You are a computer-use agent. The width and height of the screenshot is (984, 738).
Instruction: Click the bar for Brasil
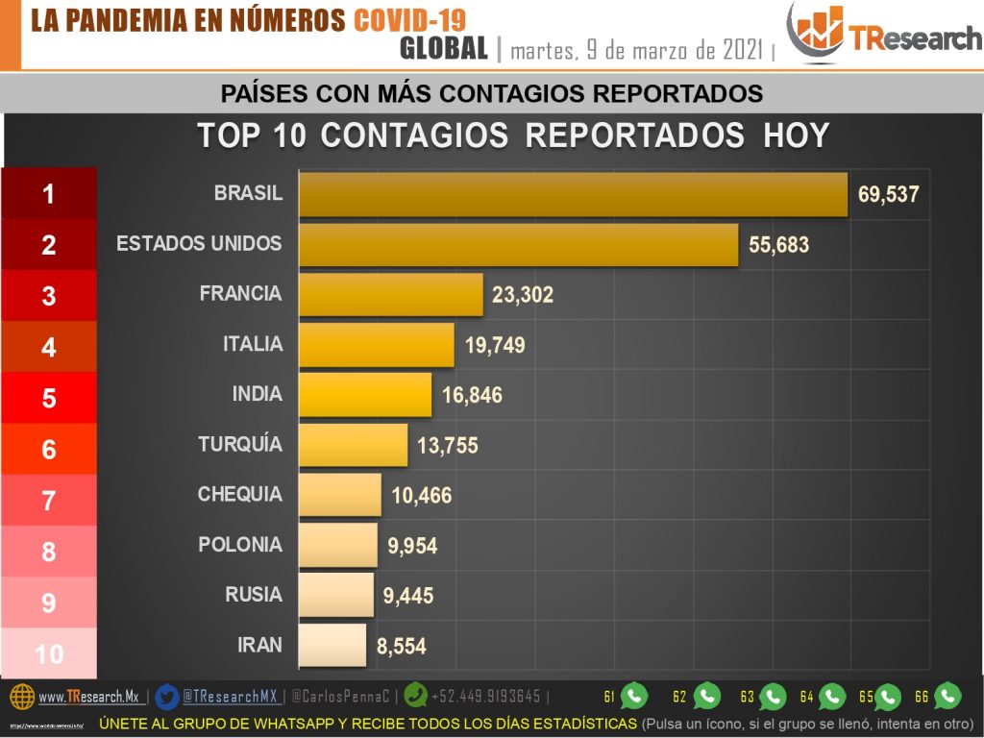point(573,194)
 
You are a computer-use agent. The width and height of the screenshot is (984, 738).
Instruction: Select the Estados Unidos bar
point(518,244)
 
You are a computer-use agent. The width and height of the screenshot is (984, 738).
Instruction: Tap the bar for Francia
point(390,294)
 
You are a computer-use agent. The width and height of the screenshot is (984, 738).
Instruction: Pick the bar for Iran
point(332,645)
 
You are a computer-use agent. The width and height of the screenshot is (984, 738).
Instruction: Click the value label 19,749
point(495,345)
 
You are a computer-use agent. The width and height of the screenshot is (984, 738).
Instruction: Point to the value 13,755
point(447,445)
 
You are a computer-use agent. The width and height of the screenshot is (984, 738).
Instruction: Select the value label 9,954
point(412,546)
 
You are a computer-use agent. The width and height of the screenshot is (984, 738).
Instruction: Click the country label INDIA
point(258,394)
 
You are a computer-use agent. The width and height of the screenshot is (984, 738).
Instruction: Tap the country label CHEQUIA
point(240,494)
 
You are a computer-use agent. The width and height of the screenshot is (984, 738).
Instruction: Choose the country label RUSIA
point(254,595)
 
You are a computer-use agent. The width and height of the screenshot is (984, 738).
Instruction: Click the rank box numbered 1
point(49,194)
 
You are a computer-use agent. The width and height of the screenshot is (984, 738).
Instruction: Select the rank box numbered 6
point(49,449)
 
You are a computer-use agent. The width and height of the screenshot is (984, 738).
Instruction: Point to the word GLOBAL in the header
point(444,48)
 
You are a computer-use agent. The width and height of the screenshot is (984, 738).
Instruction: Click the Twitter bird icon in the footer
point(166,696)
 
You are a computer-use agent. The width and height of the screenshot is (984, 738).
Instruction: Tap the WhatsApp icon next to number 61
point(634,695)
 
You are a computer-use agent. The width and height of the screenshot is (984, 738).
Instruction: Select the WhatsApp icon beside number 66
point(947,695)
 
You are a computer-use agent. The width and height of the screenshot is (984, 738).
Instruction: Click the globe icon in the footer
point(22,696)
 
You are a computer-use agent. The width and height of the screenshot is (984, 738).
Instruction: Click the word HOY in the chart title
point(796,135)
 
